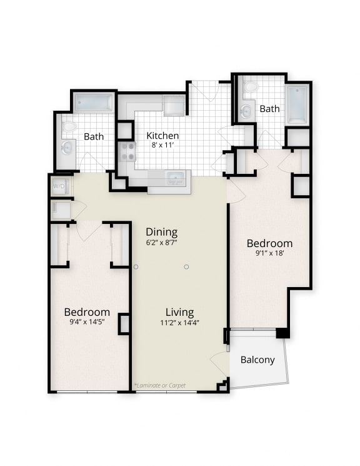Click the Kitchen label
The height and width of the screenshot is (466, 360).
tap(162, 135)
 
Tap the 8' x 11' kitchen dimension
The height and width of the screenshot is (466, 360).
tap(162, 145)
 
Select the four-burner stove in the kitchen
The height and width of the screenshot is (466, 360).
tap(127, 152)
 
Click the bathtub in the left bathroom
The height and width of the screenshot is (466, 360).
tap(94, 102)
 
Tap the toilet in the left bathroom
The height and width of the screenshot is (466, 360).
tap(68, 127)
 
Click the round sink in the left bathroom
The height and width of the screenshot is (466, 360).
tap(67, 148)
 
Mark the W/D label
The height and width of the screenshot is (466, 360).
tap(59, 186)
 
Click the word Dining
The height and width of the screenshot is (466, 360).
tap(162, 231)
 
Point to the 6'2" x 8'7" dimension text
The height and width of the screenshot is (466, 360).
tap(162, 242)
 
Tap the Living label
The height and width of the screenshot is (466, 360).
tap(179, 312)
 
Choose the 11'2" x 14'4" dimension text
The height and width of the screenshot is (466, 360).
tap(179, 323)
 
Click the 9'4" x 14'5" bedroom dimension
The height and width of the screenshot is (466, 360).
tap(87, 323)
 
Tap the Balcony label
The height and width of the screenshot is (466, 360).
tap(257, 360)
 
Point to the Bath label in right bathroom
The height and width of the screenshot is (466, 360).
tap(269, 109)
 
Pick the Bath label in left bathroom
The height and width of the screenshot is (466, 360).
tap(94, 136)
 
